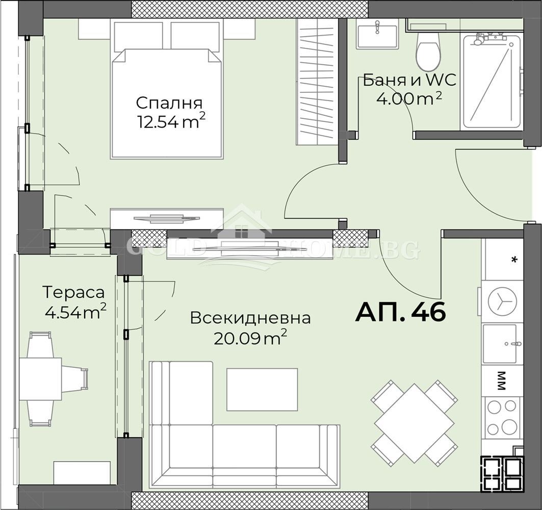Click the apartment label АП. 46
(400, 312)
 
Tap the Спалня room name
(169, 103)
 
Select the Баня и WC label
(409, 81)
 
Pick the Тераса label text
(73, 293)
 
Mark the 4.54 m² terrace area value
(75, 312)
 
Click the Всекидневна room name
(250, 318)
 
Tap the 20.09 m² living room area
(250, 338)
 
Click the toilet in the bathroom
(428, 52)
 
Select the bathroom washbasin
(377, 35)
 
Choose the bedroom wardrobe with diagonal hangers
(317, 82)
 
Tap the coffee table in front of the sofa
(262, 389)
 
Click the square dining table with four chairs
(414, 423)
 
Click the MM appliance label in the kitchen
(501, 380)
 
